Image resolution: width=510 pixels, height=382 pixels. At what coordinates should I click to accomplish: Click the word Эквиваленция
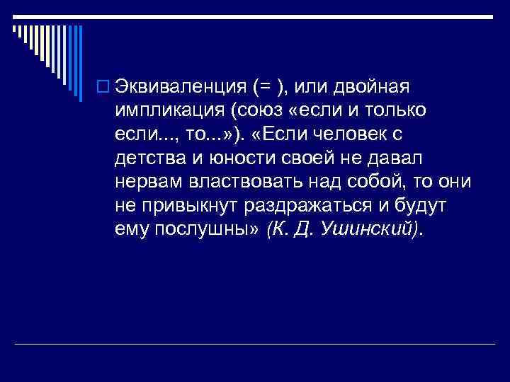[x=178, y=87]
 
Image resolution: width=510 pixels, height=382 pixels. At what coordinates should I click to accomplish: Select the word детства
[x=143, y=158]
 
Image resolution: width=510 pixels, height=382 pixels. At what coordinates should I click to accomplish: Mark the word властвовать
[x=244, y=182]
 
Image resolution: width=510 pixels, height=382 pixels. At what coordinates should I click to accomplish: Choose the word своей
[x=283, y=158]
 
